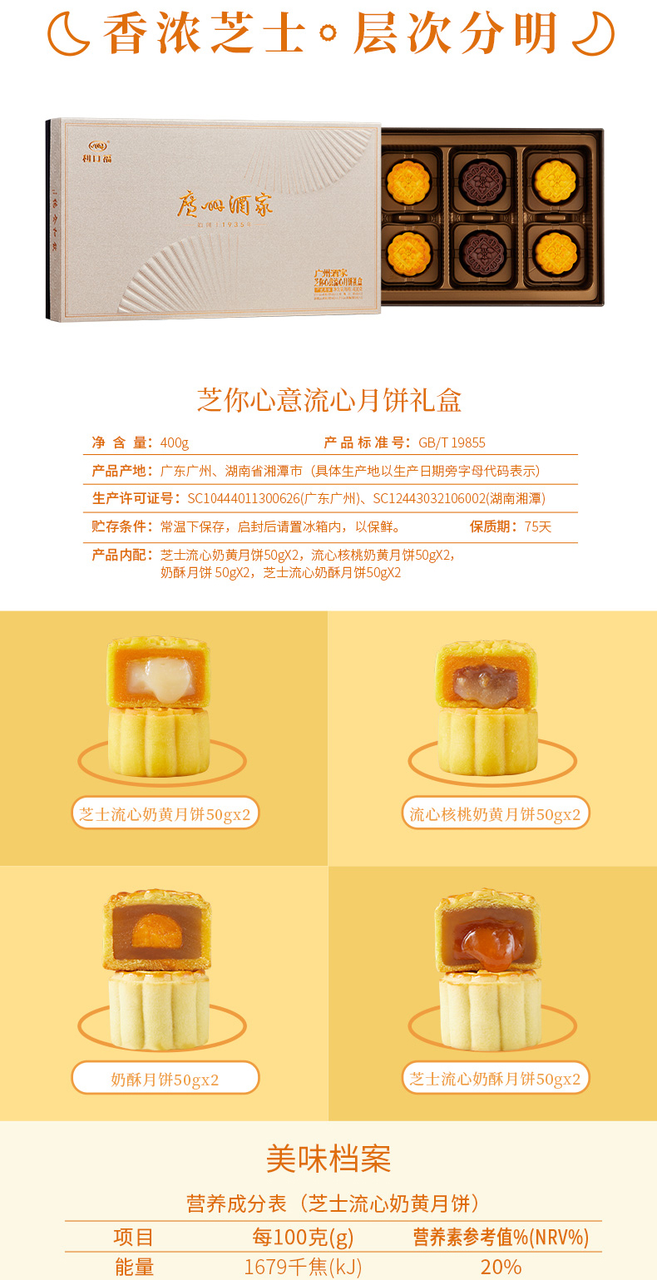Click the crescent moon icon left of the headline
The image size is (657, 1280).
coord(66,36)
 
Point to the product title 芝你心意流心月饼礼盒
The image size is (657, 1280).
coord(328,400)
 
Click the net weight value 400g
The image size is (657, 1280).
coord(175,442)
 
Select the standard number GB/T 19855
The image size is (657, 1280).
coord(452,442)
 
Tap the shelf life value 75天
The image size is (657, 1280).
coord(537,526)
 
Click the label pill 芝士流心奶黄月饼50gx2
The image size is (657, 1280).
coord(165,813)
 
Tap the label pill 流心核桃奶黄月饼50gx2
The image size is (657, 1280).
coord(495,813)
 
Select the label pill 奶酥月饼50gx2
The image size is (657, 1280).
coord(165,1080)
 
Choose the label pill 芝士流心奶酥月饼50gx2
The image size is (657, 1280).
coord(495,1080)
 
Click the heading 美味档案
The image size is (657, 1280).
coord(328,1158)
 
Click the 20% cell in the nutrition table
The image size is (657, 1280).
coord(501,1267)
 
